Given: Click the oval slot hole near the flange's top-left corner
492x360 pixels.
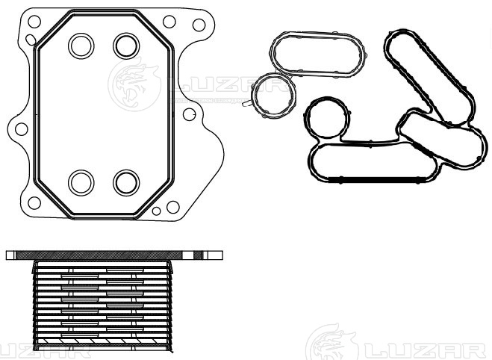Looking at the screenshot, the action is [31, 40].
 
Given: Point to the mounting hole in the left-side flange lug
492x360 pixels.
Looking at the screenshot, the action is [22, 129].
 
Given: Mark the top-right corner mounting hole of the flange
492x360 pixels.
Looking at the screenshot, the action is [199, 25].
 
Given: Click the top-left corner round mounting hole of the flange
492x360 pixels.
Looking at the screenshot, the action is [34, 22].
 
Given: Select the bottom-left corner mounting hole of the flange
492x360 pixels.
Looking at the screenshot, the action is [34, 203].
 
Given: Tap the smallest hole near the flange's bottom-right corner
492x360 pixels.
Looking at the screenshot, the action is [156, 211].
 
